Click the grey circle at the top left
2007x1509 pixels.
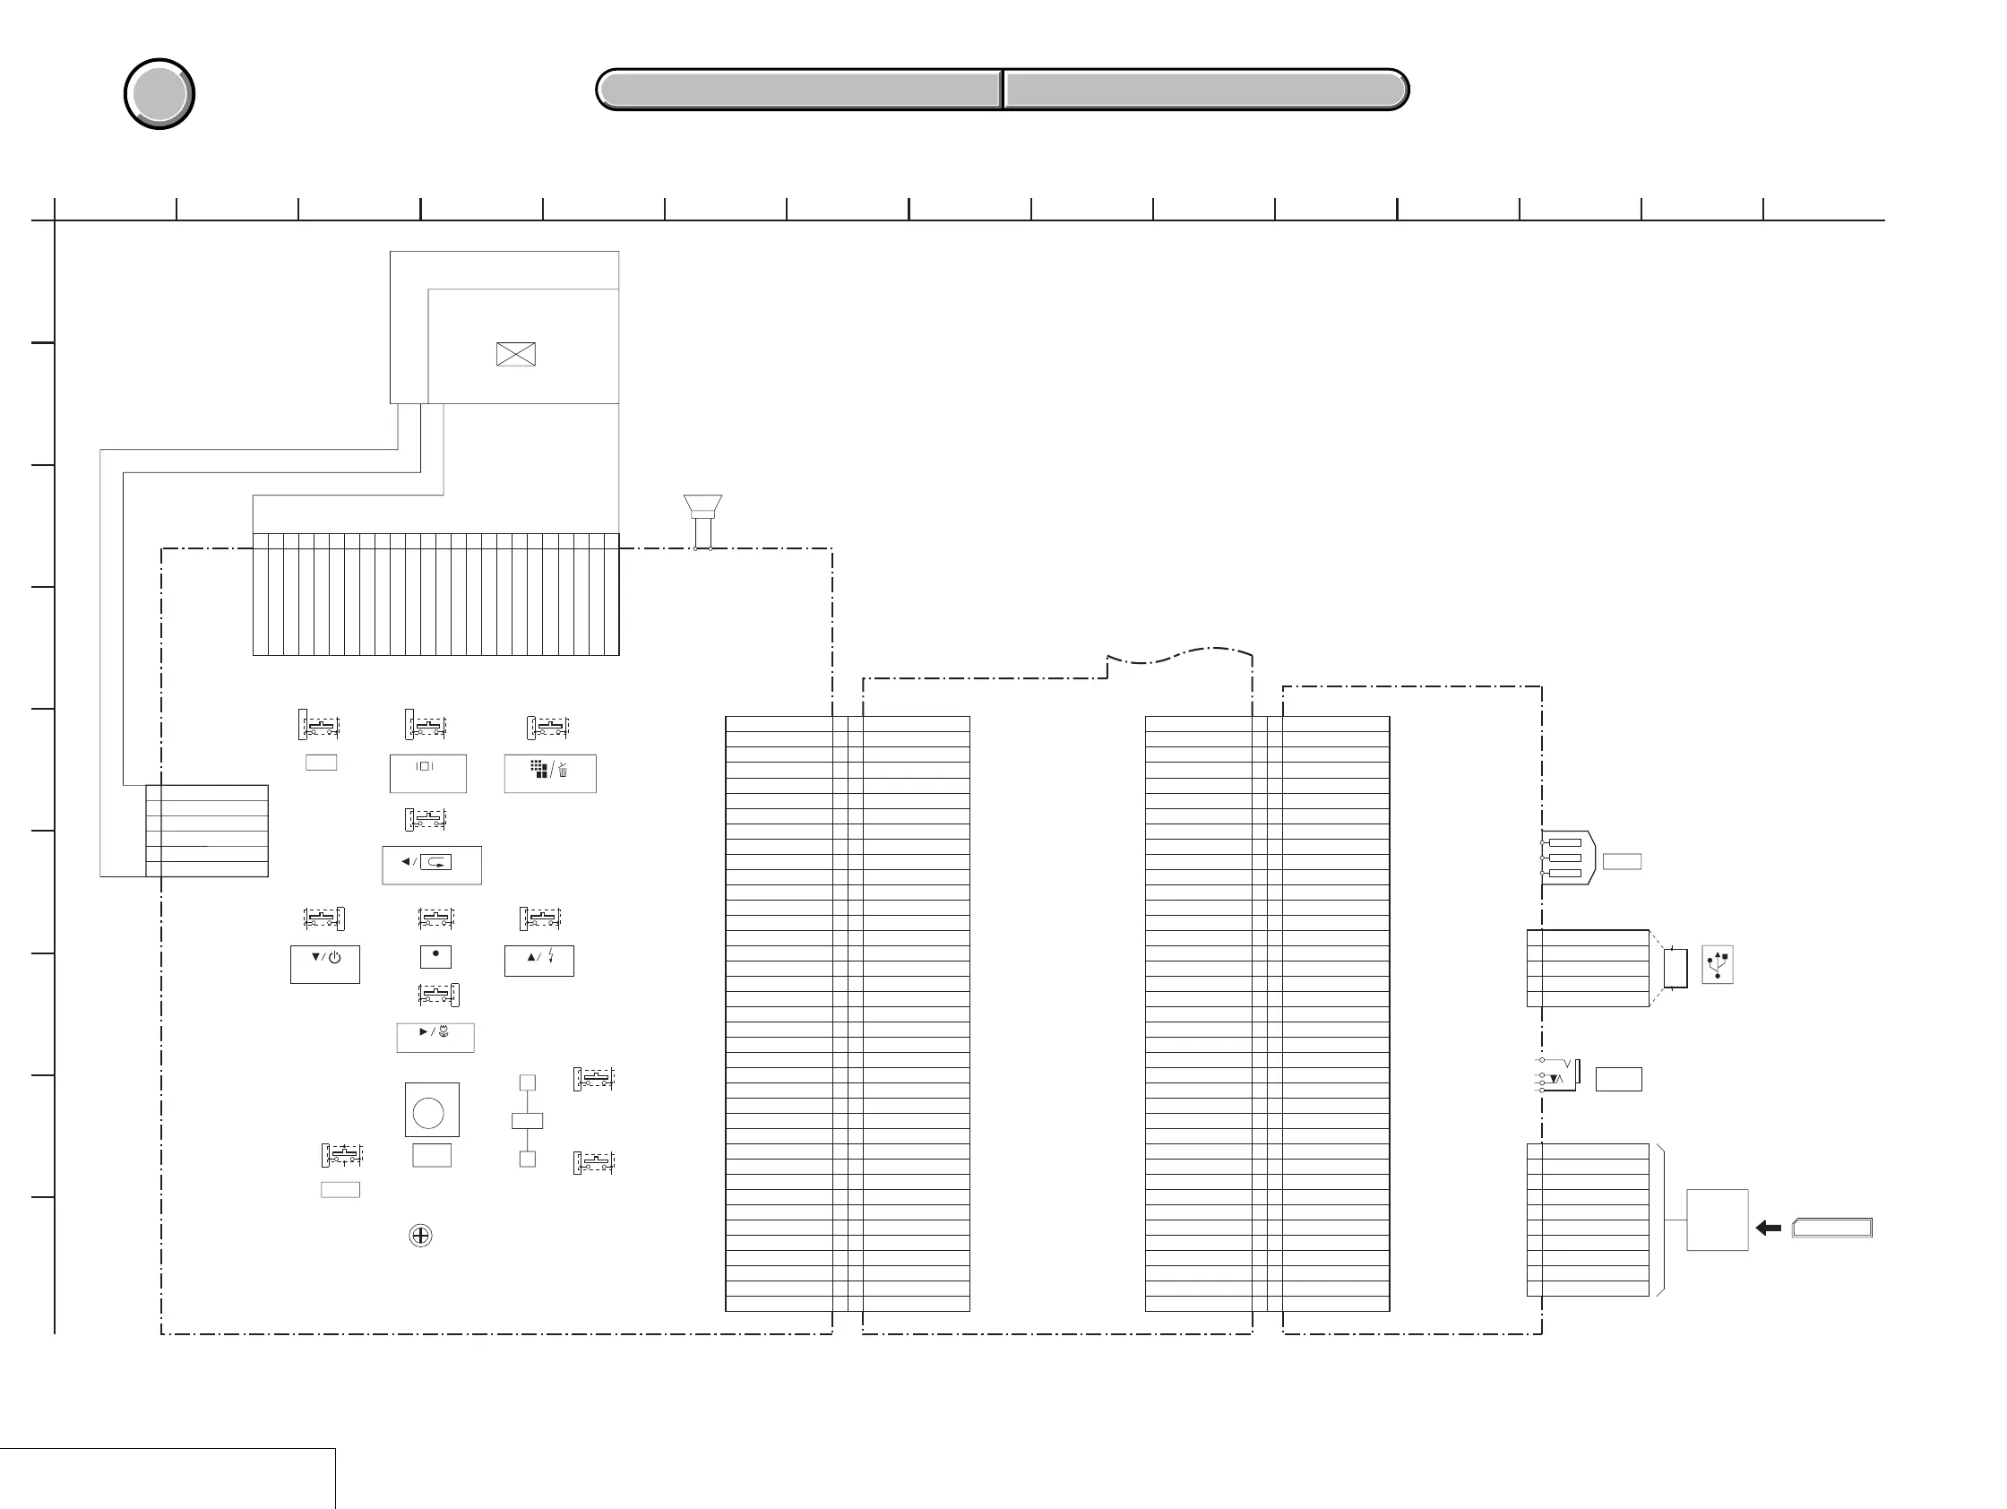(x=159, y=94)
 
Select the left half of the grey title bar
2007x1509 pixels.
(x=799, y=90)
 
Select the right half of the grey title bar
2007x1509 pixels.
(x=1206, y=90)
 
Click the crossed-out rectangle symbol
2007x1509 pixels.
(x=516, y=354)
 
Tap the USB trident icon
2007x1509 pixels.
(x=1718, y=964)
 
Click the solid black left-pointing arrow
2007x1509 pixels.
(x=1769, y=1228)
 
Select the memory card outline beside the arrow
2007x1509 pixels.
(x=1832, y=1229)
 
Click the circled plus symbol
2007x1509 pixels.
(x=421, y=1236)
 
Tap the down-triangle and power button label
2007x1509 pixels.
(x=325, y=963)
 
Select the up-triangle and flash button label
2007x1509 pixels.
(x=539, y=960)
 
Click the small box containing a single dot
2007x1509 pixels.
(x=435, y=956)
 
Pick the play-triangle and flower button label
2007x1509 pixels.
(x=435, y=1037)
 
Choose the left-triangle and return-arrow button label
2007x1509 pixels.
(x=432, y=865)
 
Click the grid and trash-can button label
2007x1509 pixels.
(x=550, y=773)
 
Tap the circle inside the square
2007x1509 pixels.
(x=428, y=1112)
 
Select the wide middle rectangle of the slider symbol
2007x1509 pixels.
(x=527, y=1121)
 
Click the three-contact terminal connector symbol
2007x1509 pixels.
(x=1567, y=858)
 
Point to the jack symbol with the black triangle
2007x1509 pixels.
(x=1559, y=1075)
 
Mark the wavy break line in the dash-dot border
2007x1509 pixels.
(x=1179, y=656)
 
